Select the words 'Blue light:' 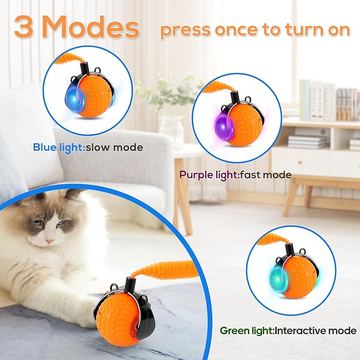point(57,147)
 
